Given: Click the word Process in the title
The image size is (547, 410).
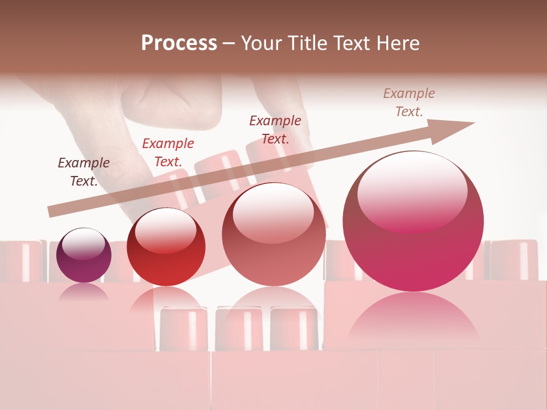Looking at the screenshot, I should [179, 43].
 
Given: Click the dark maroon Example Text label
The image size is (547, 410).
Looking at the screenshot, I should [84, 171].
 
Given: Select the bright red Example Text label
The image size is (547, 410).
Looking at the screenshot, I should [168, 153].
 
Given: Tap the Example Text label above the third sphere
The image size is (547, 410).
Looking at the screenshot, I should [275, 129].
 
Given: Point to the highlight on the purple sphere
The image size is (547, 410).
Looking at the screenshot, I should [83, 244].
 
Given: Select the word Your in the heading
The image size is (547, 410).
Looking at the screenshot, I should [261, 43].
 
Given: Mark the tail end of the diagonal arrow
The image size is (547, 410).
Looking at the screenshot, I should [51, 212].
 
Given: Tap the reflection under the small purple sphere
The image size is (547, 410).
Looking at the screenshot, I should [84, 292].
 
